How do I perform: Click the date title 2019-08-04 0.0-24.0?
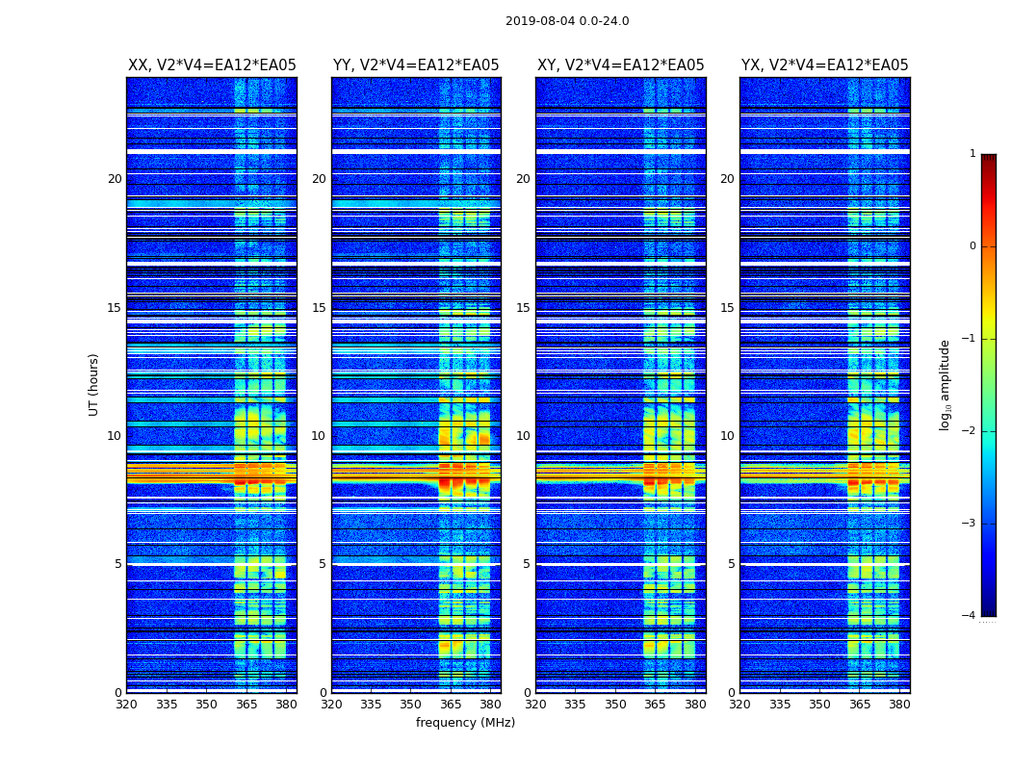point(567,21)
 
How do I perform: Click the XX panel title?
point(212,65)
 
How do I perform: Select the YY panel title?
point(416,65)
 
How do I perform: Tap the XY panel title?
point(620,65)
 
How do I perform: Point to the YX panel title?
point(824,65)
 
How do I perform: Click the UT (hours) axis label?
point(94,384)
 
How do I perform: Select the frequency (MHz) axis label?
point(465,723)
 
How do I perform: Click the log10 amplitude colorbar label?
point(946,384)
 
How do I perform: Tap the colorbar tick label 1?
point(972,154)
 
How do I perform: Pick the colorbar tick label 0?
point(972,246)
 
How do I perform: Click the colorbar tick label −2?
point(970,431)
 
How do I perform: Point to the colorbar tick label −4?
point(970,616)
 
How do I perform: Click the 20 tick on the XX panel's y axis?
point(115,179)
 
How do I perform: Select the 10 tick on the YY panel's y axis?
point(319,436)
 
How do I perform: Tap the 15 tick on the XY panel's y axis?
point(523,308)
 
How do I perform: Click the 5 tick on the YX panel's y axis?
point(731,564)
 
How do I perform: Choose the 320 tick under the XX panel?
point(127,705)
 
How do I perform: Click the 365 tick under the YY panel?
point(451,705)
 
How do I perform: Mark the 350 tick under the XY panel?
point(615,705)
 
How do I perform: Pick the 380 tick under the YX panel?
point(899,705)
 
